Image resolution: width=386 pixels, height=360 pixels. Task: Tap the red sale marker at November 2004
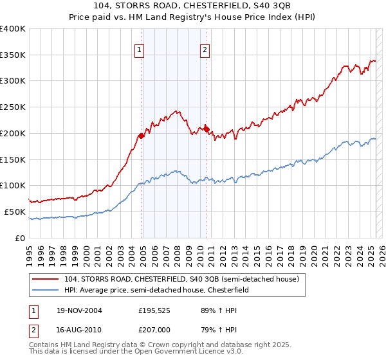(142, 136)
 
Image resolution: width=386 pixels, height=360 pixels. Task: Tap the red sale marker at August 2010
(207, 129)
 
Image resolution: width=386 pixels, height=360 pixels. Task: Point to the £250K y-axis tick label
(13, 107)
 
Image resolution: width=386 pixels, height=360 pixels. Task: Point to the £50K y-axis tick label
(15, 212)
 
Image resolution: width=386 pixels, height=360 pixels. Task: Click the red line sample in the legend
(46, 280)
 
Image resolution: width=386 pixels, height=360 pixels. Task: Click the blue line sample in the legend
(46, 290)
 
